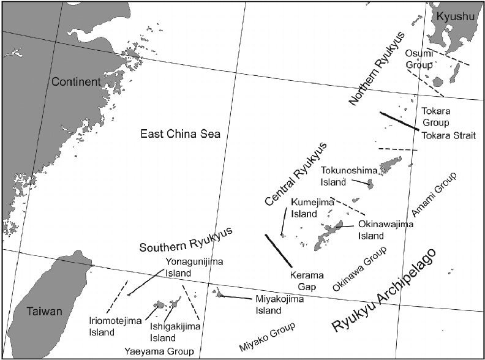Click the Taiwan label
44,312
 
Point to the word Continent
76,81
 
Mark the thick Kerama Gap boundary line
278,250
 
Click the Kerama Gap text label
307,280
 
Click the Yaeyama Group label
159,351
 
